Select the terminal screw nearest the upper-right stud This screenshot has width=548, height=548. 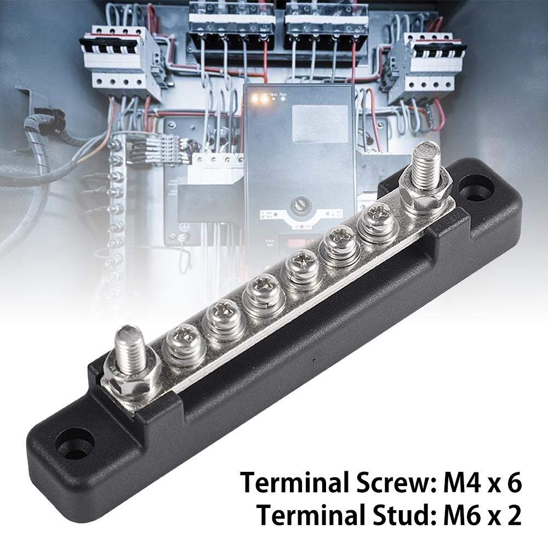(x=375, y=222)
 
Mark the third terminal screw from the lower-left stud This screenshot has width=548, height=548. (x=260, y=295)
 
